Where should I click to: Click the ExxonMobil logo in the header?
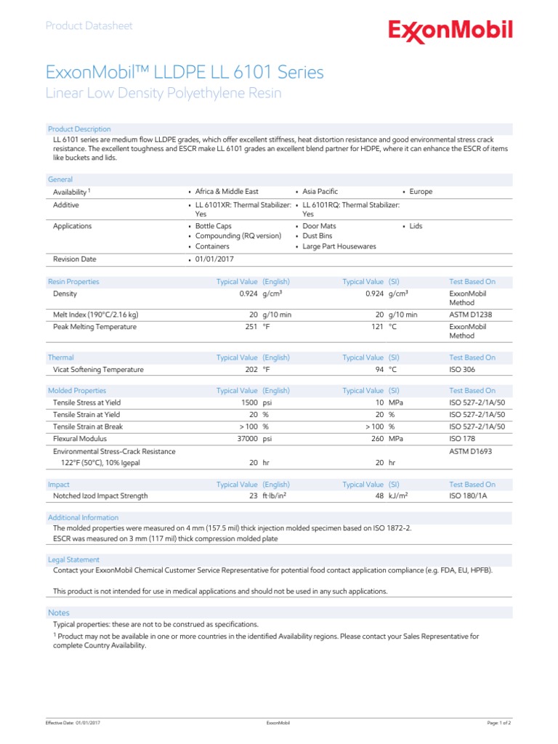pyautogui.click(x=450, y=31)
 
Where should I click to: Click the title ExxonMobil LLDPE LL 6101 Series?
pyautogui.click(x=185, y=73)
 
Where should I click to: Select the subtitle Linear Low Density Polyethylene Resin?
pyautogui.click(x=163, y=94)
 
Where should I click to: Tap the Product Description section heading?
pyautogui.click(x=79, y=129)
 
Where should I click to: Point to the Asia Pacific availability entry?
pyautogui.click(x=320, y=192)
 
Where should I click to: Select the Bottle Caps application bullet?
pyautogui.click(x=213, y=226)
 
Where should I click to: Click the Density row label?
pyautogui.click(x=65, y=294)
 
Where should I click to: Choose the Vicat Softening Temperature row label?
pyautogui.click(x=98, y=369)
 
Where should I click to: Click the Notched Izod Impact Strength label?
pyautogui.click(x=100, y=496)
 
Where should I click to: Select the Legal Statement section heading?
pyautogui.click(x=73, y=559)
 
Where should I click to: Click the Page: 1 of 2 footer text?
pyautogui.click(x=498, y=724)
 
